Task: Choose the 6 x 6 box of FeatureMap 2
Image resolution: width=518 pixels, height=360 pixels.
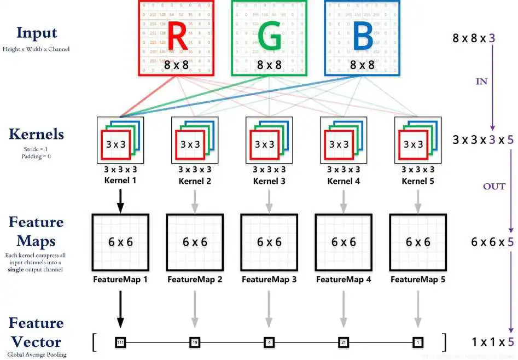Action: pyautogui.click(x=195, y=242)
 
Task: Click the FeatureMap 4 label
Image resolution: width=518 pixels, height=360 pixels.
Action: pyautogui.click(x=344, y=280)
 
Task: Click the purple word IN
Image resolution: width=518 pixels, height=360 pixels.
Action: pyautogui.click(x=481, y=82)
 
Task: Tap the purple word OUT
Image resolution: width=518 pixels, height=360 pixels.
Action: pyautogui.click(x=493, y=186)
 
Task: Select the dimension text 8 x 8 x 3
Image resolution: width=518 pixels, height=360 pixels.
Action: pyautogui.click(x=474, y=38)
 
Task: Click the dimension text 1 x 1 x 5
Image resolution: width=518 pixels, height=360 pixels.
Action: pyautogui.click(x=493, y=342)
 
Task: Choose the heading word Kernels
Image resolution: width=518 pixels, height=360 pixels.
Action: pyautogui.click(x=36, y=134)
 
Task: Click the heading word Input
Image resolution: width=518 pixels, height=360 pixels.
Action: pyautogui.click(x=37, y=32)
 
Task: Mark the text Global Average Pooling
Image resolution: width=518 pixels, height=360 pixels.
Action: pyautogui.click(x=37, y=355)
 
